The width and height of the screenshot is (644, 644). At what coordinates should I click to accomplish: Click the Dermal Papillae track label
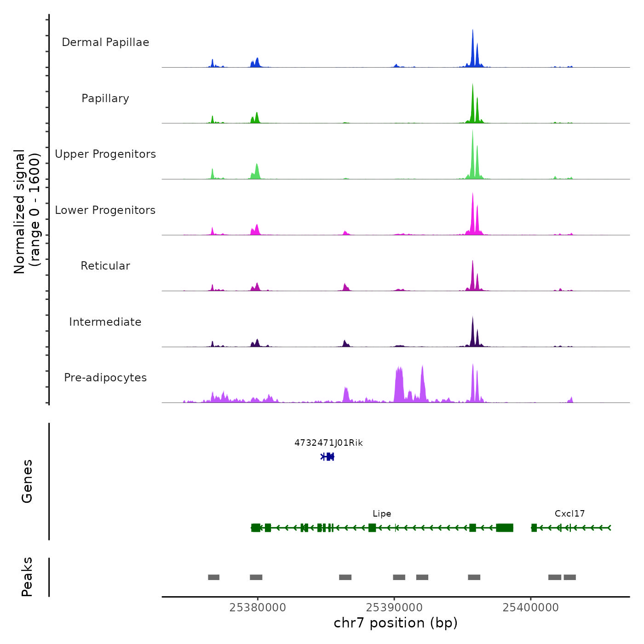105,42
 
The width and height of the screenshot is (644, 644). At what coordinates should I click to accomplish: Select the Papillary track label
105,98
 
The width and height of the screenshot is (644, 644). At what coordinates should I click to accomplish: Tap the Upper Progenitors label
105,154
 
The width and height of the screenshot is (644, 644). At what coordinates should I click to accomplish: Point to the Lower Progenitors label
105,210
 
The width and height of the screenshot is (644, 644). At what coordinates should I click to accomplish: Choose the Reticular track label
105,266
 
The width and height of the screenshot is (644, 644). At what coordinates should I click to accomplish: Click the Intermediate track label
105,322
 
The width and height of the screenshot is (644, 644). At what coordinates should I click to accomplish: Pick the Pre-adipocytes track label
105,378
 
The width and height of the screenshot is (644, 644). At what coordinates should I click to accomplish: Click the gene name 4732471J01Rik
328,443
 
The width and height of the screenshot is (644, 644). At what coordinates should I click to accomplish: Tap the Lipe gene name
382,514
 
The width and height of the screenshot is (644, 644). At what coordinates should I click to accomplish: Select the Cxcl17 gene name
569,514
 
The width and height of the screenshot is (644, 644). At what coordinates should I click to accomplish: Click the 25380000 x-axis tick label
258,608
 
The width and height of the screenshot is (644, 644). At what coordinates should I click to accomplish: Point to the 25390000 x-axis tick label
394,608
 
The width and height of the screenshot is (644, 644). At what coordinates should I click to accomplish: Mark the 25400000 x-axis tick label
531,608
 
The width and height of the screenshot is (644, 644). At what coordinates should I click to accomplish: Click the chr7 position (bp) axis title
396,623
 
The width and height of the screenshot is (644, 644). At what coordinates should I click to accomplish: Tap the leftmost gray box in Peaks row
213,577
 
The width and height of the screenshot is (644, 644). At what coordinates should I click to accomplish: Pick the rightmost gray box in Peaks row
569,577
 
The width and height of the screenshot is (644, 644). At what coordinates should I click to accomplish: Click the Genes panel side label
27,481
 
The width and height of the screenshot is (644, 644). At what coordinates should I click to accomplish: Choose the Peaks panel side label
27,577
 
